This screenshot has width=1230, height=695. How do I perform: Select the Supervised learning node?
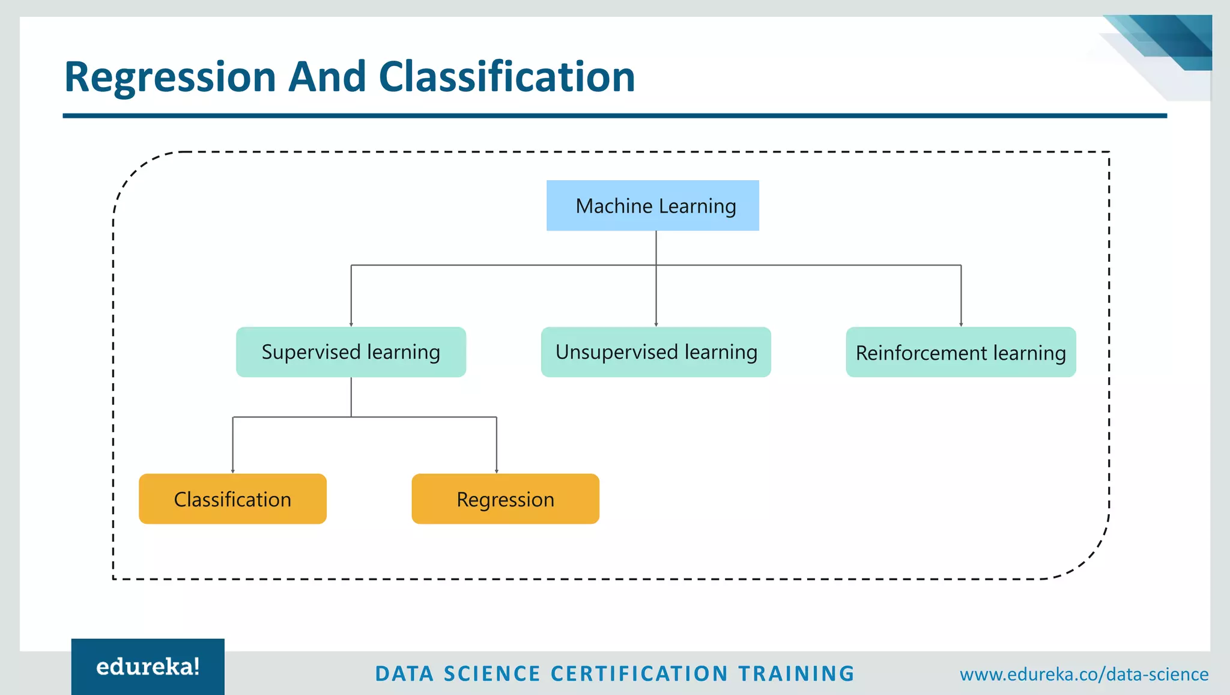click(x=351, y=352)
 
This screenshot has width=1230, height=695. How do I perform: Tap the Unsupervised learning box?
click(x=656, y=352)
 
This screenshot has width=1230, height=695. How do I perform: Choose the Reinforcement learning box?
click(x=961, y=352)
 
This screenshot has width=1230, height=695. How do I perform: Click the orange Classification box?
click(x=232, y=499)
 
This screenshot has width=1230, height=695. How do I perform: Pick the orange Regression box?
click(x=505, y=499)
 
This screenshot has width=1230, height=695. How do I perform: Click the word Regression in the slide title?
click(x=170, y=77)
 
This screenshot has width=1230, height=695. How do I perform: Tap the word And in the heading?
click(x=327, y=77)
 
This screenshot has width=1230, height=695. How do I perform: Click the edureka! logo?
click(x=148, y=667)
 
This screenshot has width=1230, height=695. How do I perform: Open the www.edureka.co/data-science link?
click(x=1084, y=674)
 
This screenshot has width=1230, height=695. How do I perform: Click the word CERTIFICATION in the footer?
click(x=639, y=674)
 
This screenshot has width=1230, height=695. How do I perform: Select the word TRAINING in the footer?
click(x=796, y=674)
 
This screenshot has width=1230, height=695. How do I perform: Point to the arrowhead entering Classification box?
click(x=233, y=471)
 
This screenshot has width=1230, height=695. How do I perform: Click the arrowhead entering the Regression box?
click(x=497, y=471)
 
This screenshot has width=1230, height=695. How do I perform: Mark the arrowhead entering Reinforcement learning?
click(x=961, y=324)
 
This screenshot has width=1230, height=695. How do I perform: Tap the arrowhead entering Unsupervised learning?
click(x=656, y=324)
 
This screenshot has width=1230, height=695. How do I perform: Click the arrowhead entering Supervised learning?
click(x=351, y=324)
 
